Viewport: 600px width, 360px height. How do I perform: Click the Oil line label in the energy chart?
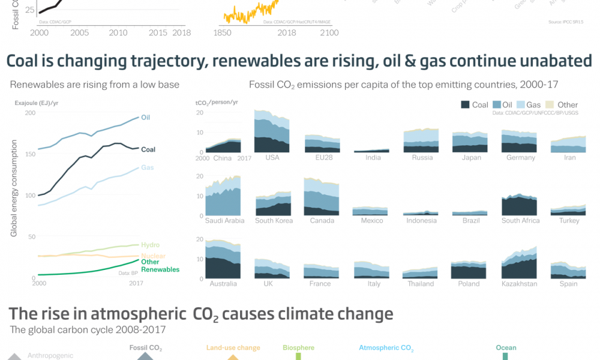[145, 118]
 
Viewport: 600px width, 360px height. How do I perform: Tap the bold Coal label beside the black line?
[148, 149]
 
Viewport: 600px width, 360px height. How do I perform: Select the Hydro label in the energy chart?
[150, 245]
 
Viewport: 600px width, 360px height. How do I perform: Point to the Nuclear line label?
[153, 256]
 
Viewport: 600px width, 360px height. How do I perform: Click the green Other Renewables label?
[160, 265]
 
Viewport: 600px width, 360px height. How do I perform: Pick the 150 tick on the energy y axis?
[29, 154]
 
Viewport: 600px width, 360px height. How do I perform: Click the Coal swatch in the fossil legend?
[466, 104]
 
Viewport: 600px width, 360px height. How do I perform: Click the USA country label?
[272, 158]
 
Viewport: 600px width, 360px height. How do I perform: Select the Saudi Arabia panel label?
[225, 221]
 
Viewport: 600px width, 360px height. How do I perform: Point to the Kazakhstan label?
[519, 284]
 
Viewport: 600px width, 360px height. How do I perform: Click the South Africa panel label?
[520, 221]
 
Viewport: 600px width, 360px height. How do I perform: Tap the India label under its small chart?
[373, 158]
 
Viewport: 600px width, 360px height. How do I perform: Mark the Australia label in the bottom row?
[222, 284]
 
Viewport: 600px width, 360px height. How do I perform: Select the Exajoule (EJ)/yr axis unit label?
[37, 103]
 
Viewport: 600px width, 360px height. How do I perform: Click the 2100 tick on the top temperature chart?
[329, 33]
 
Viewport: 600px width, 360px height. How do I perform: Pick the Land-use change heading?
[233, 348]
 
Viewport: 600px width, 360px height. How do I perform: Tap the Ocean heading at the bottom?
[506, 348]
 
